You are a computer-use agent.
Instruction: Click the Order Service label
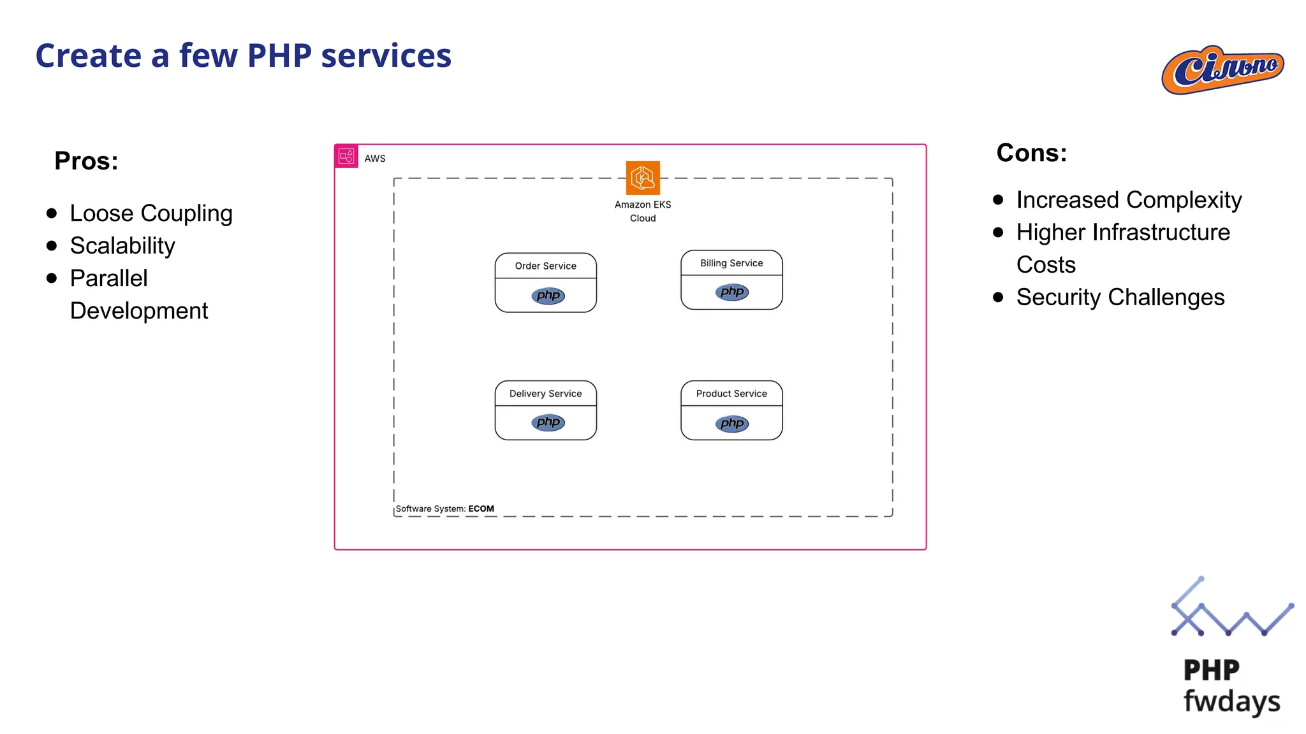coord(545,266)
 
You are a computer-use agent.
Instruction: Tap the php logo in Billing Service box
coord(731,292)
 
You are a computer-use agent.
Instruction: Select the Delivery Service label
coord(545,394)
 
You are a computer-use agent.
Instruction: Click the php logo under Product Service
coord(731,423)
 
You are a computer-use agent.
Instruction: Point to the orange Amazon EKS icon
coord(642,178)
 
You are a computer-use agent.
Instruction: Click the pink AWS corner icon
coord(346,156)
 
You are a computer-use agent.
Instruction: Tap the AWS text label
coord(375,159)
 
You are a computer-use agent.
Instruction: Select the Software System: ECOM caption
coord(444,508)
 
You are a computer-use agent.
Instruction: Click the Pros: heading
coord(86,161)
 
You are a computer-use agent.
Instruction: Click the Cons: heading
coord(1031,153)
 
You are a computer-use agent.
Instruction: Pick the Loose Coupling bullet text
coord(151,213)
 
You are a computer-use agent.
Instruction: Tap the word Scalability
coord(122,246)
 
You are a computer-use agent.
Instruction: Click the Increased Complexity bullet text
coord(1129,200)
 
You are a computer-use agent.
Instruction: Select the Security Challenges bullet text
coord(1120,298)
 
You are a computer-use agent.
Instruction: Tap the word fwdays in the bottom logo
coord(1231,701)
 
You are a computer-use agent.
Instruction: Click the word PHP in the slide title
coord(280,55)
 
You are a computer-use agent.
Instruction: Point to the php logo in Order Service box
coord(548,295)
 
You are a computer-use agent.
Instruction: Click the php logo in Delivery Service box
coord(548,422)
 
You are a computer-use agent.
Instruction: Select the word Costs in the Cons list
coord(1046,265)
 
